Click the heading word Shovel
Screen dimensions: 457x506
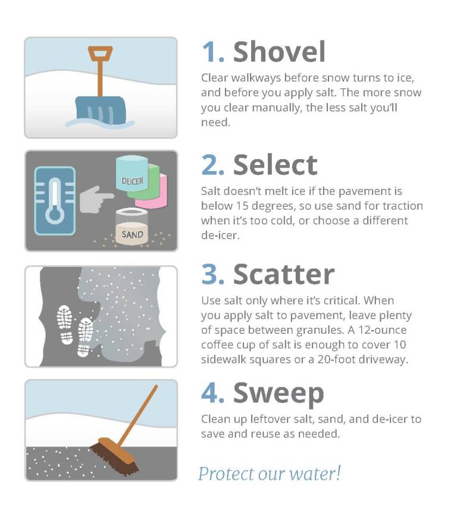click(x=279, y=52)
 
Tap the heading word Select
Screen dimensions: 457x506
click(x=276, y=164)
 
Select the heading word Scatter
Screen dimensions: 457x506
click(x=284, y=274)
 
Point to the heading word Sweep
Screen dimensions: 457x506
click(x=278, y=394)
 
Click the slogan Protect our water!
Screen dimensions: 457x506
click(x=270, y=473)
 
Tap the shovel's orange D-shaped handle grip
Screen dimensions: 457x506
click(x=100, y=53)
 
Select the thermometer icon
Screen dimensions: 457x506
click(x=55, y=201)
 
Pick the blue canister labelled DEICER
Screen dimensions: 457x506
click(x=132, y=173)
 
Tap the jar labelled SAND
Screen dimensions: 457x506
click(x=132, y=227)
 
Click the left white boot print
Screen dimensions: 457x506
click(x=65, y=325)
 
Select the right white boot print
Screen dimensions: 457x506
click(x=84, y=337)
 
